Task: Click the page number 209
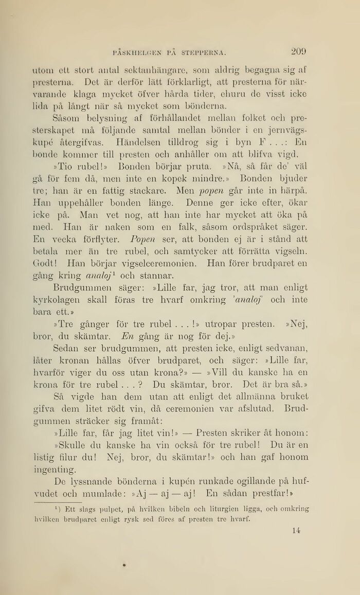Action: (298, 51)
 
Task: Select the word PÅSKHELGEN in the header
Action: (138, 52)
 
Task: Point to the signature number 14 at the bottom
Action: (295, 530)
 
